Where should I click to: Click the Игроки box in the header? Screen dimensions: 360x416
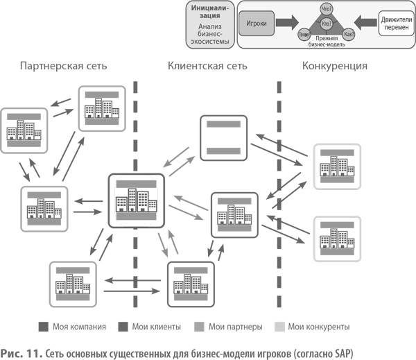coord(257,24)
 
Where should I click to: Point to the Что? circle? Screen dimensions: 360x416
coord(327,9)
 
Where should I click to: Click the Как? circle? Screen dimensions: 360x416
coord(349,34)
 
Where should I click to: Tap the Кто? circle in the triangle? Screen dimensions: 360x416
coord(327,24)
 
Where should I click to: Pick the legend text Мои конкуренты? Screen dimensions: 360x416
coord(320,326)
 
